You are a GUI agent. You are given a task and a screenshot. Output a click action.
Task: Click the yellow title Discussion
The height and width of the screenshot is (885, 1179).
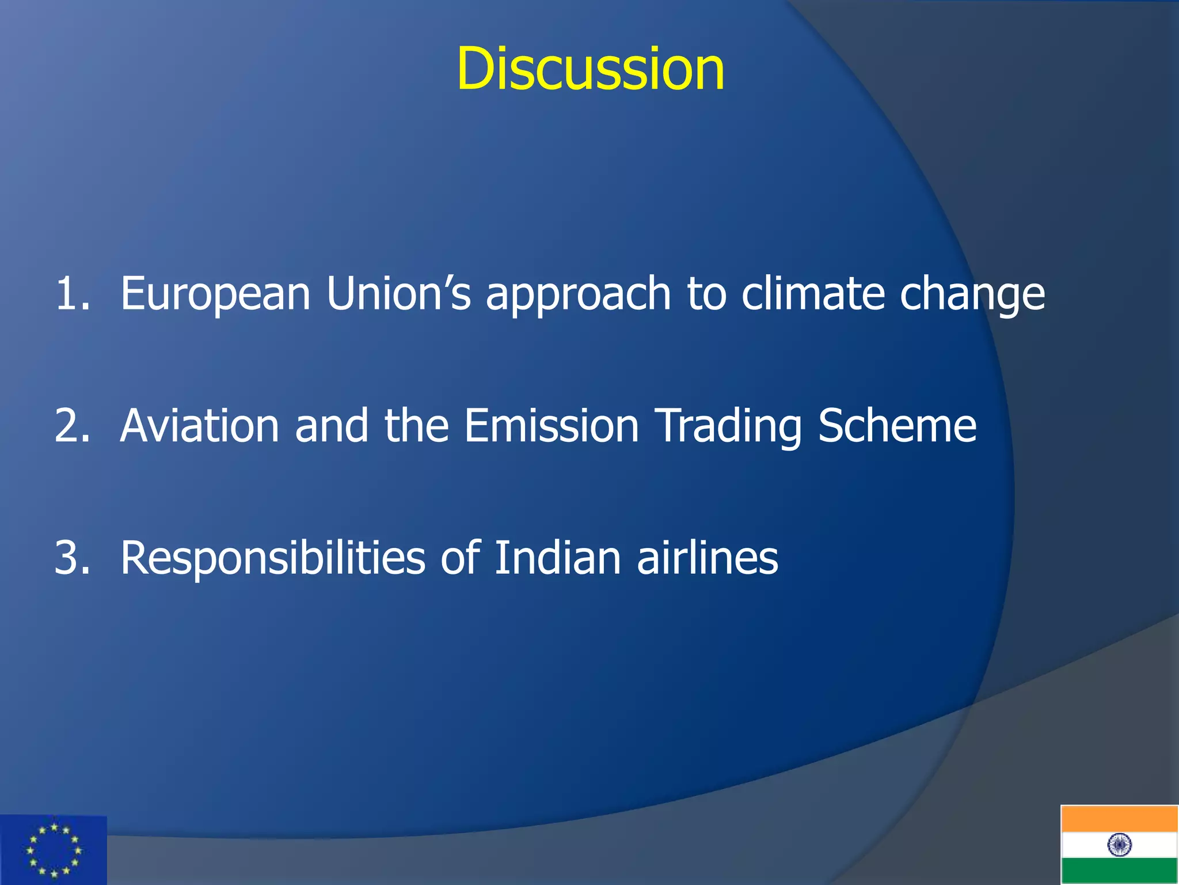click(x=590, y=69)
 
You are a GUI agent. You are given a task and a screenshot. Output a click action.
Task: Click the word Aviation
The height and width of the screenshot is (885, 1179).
click(x=200, y=426)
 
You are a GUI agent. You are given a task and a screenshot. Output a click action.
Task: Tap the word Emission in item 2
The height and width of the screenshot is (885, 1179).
click(x=552, y=426)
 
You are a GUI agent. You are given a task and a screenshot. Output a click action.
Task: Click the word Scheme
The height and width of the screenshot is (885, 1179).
click(x=897, y=426)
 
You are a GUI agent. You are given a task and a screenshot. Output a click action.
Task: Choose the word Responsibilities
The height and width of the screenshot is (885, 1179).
click(x=272, y=559)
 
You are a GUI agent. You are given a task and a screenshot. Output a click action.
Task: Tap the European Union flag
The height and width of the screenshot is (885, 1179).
click(x=54, y=850)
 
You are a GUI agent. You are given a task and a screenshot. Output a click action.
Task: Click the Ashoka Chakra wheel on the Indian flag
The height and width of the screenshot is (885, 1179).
click(x=1119, y=845)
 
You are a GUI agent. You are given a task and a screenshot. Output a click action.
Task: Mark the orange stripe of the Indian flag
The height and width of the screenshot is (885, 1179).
click(x=1119, y=819)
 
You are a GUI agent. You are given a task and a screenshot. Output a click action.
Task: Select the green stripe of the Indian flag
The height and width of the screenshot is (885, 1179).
click(x=1119, y=871)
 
